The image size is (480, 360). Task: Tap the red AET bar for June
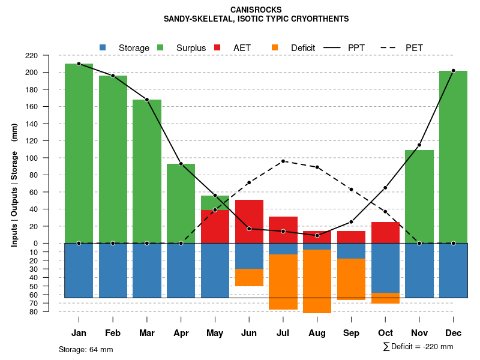tap(249, 221)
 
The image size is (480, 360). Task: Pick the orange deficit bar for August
tap(317, 281)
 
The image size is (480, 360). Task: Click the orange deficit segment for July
tap(283, 282)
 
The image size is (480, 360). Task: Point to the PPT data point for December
tap(453, 71)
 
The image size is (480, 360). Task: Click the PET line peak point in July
tap(283, 161)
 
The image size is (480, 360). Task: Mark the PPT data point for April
tap(181, 164)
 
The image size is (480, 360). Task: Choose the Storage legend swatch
tap(103, 47)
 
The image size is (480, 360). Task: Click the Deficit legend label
tap(303, 47)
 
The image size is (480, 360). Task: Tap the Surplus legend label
tap(191, 47)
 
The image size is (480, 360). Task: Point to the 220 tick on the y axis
tap(48, 55)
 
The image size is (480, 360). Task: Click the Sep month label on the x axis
tap(351, 333)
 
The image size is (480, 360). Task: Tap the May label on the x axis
tap(215, 333)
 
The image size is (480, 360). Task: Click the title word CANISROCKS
tap(256, 10)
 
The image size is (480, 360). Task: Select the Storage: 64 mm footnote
tap(86, 349)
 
